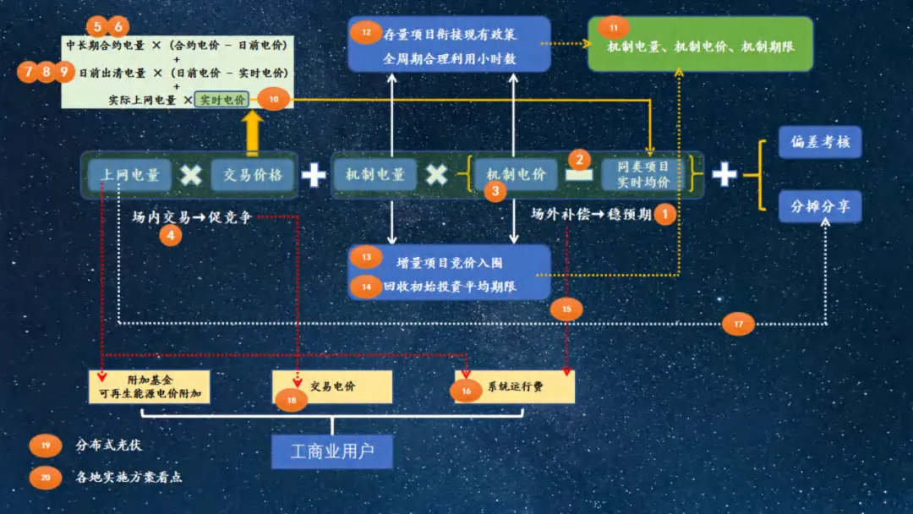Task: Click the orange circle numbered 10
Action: pos(273,99)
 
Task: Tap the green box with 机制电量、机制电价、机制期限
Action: pos(700,45)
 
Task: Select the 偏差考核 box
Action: pos(820,142)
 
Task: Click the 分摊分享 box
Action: pos(820,206)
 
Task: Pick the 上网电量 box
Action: pos(130,175)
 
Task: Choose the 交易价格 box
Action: pos(253,175)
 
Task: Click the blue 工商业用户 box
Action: pos(332,451)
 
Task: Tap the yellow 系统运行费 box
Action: pos(516,387)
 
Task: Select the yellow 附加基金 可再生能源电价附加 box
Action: pos(148,387)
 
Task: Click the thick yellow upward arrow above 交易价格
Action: pos(253,133)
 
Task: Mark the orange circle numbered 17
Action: pos(738,323)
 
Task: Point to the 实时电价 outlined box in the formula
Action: pos(221,100)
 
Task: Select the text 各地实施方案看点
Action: pos(128,477)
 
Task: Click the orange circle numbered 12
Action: pos(365,33)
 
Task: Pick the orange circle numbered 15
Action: pos(566,309)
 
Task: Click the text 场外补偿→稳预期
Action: pos(591,214)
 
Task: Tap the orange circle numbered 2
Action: pos(579,158)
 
